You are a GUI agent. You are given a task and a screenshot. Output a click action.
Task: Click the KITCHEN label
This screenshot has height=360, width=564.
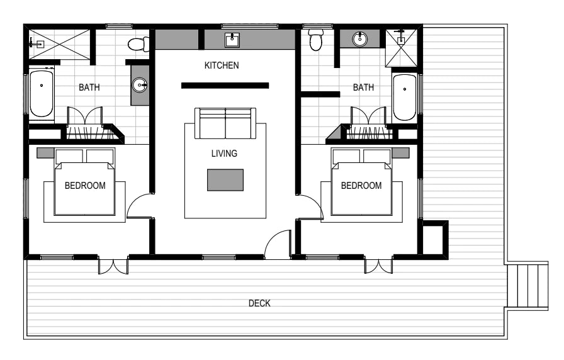pyautogui.click(x=222, y=65)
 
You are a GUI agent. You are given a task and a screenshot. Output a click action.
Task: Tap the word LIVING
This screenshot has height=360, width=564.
pyautogui.click(x=224, y=154)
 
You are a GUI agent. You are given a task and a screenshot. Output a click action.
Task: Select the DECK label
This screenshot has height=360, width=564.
pyautogui.click(x=259, y=303)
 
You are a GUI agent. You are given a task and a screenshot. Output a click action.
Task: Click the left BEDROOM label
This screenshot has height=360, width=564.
pyautogui.click(x=85, y=186)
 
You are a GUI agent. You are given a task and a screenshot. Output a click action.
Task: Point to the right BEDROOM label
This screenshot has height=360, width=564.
pyautogui.click(x=361, y=186)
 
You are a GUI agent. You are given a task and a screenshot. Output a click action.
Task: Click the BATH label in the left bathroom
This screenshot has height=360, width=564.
pyautogui.click(x=89, y=87)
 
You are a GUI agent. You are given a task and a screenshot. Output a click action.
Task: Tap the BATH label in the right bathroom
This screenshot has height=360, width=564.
pyautogui.click(x=363, y=87)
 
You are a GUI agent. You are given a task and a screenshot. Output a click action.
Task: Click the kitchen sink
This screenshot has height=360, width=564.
pyautogui.click(x=232, y=40)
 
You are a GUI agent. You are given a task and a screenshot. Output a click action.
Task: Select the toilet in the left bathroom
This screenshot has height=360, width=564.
pyautogui.click(x=138, y=44)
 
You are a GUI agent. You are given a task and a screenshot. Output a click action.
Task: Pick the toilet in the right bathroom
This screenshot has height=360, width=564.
pyautogui.click(x=316, y=40)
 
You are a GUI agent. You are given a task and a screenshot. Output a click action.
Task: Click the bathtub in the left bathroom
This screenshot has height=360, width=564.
pyautogui.click(x=42, y=94)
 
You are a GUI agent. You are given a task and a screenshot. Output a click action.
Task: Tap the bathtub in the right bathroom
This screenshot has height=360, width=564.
pyautogui.click(x=405, y=97)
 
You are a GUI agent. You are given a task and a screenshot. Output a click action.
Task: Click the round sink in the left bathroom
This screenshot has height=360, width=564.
pyautogui.click(x=140, y=85)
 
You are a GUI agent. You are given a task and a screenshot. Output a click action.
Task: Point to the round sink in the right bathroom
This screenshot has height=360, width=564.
pyautogui.click(x=359, y=39)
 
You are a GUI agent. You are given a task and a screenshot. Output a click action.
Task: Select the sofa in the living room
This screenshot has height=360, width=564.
pyautogui.click(x=225, y=123)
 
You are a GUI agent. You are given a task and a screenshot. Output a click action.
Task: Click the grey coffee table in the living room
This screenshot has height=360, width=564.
pyautogui.click(x=225, y=180)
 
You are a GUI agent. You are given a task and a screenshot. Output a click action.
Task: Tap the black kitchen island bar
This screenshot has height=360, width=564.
pyautogui.click(x=225, y=86)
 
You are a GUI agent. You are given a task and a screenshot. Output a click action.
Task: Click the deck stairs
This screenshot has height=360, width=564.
pyautogui.click(x=527, y=286)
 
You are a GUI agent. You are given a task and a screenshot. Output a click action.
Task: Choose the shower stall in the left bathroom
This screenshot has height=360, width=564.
pyautogui.click(x=59, y=44)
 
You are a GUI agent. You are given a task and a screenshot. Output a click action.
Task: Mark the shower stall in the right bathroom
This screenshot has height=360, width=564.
pyautogui.click(x=402, y=48)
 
